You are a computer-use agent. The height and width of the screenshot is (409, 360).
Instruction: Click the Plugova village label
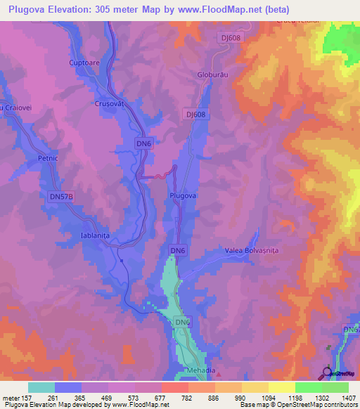pyautogui.click(x=182, y=196)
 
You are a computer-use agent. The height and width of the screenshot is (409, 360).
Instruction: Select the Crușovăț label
pyautogui.click(x=108, y=103)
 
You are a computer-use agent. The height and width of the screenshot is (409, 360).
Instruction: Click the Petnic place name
pyautogui.click(x=47, y=159)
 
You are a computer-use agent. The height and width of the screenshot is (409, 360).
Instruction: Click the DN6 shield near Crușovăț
pyautogui.click(x=143, y=143)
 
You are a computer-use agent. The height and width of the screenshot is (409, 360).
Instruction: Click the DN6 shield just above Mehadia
pyautogui.click(x=182, y=323)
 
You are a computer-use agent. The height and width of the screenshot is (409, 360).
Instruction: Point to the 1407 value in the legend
pyautogui.click(x=349, y=398)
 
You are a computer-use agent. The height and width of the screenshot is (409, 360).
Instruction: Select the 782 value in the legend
pyautogui.click(x=188, y=398)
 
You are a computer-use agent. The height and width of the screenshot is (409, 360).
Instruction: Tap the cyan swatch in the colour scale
pyautogui.click(x=41, y=387)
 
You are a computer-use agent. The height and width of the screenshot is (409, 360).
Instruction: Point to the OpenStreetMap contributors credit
pyautogui.click(x=315, y=405)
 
